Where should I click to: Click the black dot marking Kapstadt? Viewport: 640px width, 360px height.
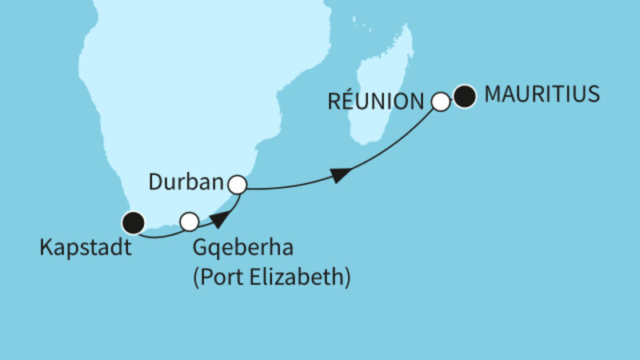(x=133, y=223)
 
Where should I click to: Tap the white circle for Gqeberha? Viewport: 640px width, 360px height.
(x=190, y=221)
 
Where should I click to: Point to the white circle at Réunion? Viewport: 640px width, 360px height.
(x=440, y=102)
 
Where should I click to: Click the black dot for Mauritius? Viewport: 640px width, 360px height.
(x=465, y=98)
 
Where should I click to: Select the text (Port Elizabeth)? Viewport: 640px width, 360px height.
(x=272, y=278)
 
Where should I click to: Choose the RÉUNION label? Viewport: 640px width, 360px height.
(x=374, y=102)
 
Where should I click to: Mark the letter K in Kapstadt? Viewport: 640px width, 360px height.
(x=45, y=250)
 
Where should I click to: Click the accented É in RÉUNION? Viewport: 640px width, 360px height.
(x=345, y=102)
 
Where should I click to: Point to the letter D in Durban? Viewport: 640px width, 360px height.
(x=155, y=183)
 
